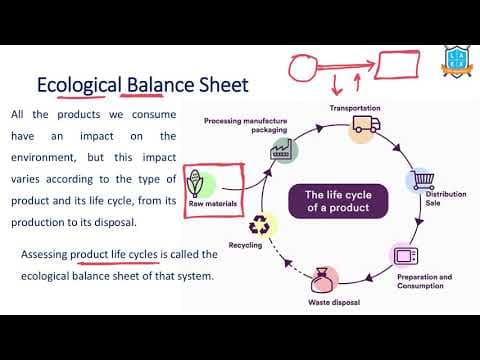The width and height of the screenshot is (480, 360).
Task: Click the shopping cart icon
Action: pyautogui.click(x=420, y=179)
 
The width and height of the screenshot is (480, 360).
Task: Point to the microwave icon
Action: pyautogui.click(x=406, y=254)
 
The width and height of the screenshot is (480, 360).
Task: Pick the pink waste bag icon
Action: pyautogui.click(x=323, y=279)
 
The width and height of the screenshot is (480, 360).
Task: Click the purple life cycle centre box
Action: pyautogui.click(x=336, y=201)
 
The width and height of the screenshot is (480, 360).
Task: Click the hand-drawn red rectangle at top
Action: pyautogui.click(x=403, y=67)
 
